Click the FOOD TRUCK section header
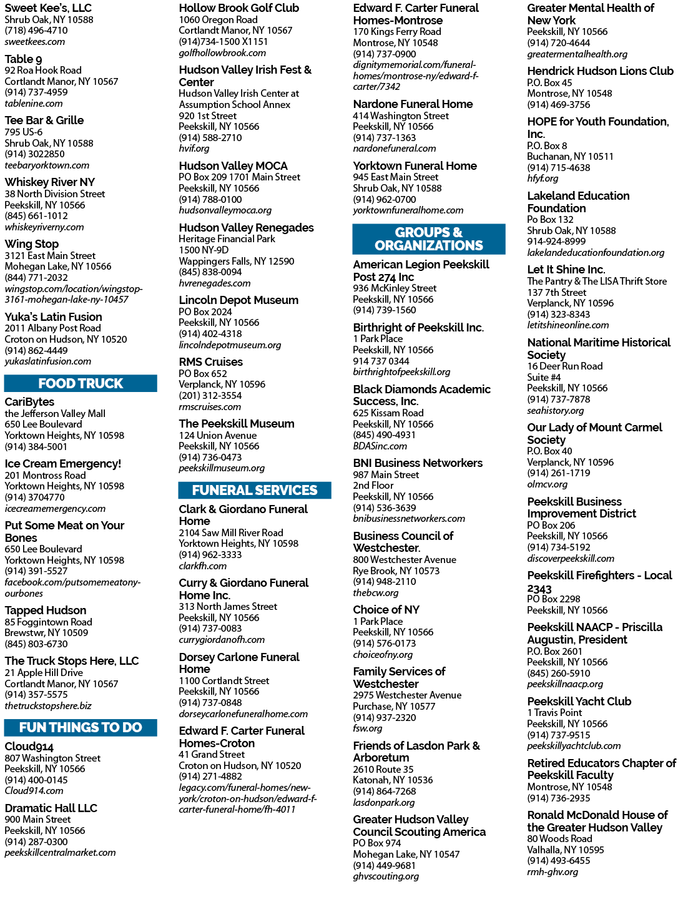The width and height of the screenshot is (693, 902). click(81, 383)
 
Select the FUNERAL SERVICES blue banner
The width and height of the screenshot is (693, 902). click(254, 490)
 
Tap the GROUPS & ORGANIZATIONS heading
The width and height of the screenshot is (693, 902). click(429, 238)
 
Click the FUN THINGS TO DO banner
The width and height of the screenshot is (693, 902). click(81, 727)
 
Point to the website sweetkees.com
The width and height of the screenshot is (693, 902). click(35, 41)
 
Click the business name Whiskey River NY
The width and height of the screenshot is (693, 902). click(50, 182)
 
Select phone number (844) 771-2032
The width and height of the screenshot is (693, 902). click(36, 277)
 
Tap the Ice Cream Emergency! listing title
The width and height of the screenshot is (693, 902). click(62, 463)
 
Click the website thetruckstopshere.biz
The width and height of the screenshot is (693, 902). click(48, 705)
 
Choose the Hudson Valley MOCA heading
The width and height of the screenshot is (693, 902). click(233, 165)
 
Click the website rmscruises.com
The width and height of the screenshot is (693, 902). click(210, 407)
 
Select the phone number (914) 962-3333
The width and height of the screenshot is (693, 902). click(210, 554)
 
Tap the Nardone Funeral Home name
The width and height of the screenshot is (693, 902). click(413, 104)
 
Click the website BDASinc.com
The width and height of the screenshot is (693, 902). click(380, 446)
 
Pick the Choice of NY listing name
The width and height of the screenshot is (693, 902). click(386, 609)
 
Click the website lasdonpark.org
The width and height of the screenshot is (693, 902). click(384, 802)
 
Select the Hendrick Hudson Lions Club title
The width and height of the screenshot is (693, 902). click(601, 71)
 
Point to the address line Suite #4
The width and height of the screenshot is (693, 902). click(544, 377)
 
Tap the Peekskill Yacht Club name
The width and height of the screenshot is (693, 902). click(579, 701)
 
